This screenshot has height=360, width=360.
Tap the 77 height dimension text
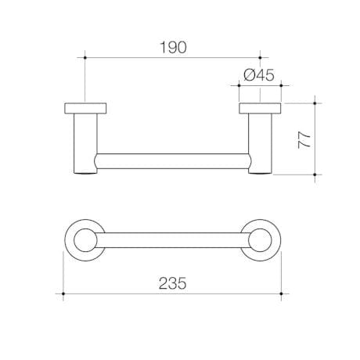(x=304, y=139)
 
